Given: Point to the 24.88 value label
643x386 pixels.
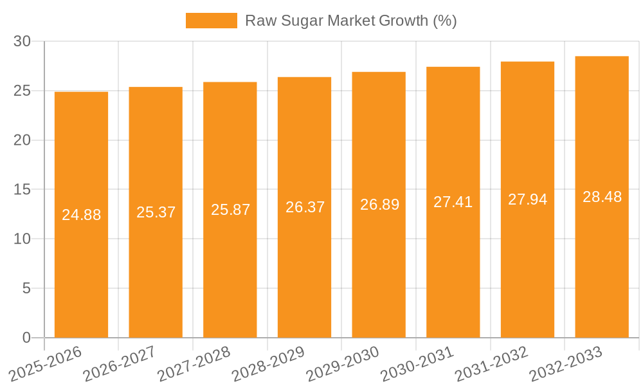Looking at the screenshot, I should pyautogui.click(x=81, y=215).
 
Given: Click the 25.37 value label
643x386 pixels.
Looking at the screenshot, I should pyautogui.click(x=156, y=212).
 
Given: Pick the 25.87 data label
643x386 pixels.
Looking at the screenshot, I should pyautogui.click(x=230, y=210).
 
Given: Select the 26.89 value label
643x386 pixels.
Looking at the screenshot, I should pyautogui.click(x=379, y=205).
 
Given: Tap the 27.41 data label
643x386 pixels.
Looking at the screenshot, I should pyautogui.click(x=453, y=202).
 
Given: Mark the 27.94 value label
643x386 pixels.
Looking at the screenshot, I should pyautogui.click(x=527, y=199).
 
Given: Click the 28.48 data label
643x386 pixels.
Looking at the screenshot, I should pyautogui.click(x=602, y=197).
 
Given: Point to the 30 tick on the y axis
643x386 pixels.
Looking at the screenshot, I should pyautogui.click(x=23, y=41).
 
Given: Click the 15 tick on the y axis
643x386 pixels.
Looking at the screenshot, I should pyautogui.click(x=23, y=190).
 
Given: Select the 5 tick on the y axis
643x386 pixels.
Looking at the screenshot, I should pyautogui.click(x=26, y=288).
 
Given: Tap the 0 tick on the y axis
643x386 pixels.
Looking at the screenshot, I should pyautogui.click(x=26, y=338).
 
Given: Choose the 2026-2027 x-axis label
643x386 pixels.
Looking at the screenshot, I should pyautogui.click(x=120, y=363).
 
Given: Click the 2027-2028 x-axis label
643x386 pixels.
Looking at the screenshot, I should pyautogui.click(x=194, y=363).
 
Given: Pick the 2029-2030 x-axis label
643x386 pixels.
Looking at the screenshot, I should pyautogui.click(x=343, y=363).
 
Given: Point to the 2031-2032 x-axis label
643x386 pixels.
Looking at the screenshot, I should pyautogui.click(x=491, y=363).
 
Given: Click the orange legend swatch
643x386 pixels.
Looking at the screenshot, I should pyautogui.click(x=211, y=21).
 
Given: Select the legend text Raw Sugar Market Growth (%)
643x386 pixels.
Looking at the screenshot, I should pyautogui.click(x=351, y=21).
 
